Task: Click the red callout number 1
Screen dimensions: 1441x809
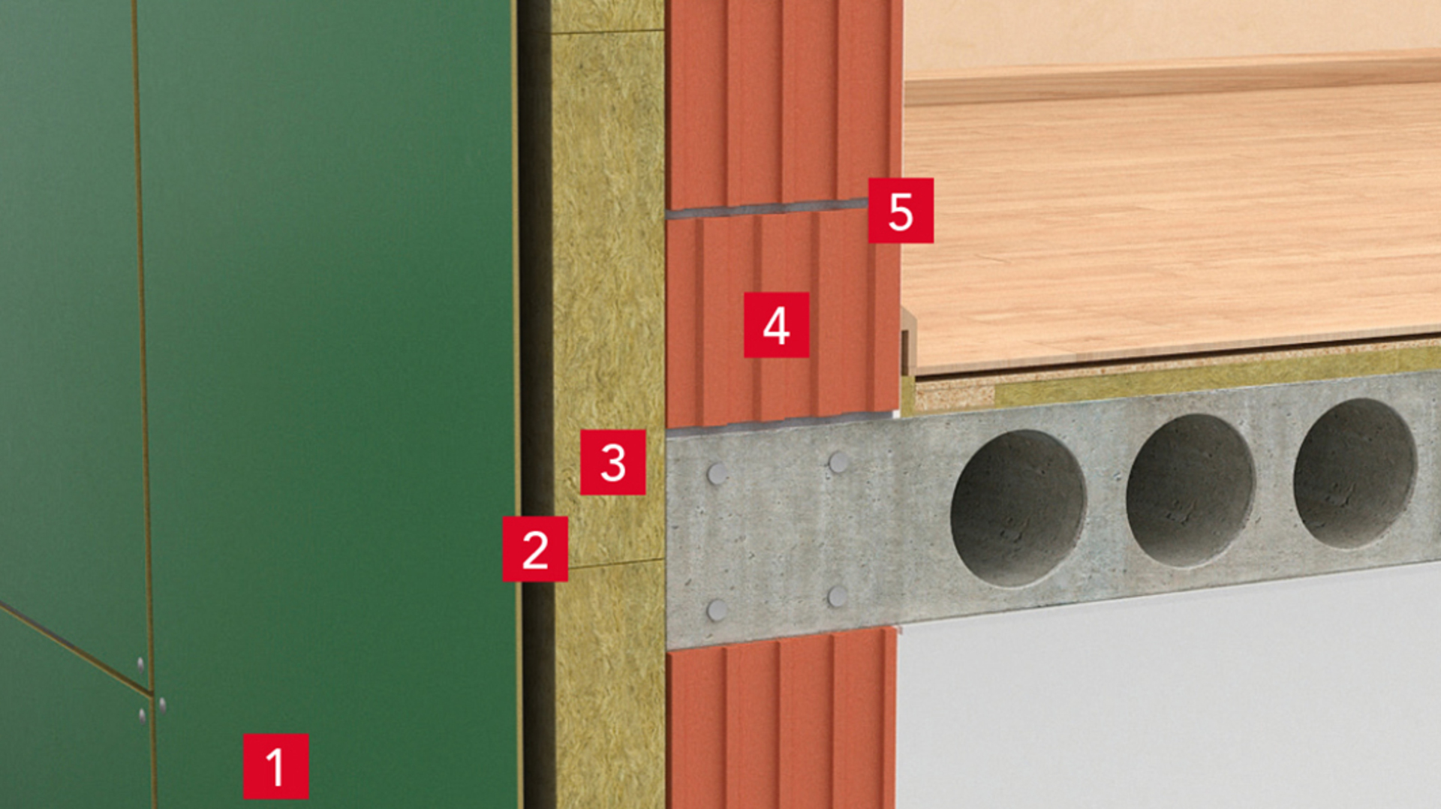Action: coord(275,766)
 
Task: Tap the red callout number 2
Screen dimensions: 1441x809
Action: coord(535,549)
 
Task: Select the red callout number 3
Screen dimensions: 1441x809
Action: coord(613,462)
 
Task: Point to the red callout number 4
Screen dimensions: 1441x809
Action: coord(777,325)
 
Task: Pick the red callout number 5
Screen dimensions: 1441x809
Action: coord(901,210)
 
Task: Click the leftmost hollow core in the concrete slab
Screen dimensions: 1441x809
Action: coord(1018,508)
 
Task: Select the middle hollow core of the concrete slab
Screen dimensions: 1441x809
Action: coord(1190,490)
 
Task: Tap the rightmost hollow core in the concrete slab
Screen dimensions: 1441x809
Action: coord(1355,473)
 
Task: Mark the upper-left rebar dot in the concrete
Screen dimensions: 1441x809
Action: coord(717,474)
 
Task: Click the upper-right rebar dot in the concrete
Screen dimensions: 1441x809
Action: coord(838,462)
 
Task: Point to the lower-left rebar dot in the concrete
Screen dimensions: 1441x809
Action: coord(717,610)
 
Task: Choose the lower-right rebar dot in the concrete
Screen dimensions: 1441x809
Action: coord(838,597)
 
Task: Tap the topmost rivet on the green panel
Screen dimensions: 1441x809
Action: coord(140,664)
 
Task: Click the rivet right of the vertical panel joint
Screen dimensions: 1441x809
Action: coord(161,705)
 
